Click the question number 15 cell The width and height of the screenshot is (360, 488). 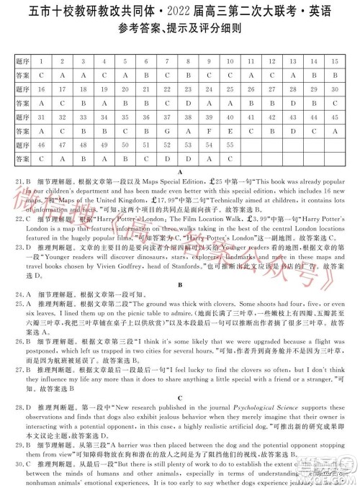334,60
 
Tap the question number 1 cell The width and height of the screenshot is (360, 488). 41,60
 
